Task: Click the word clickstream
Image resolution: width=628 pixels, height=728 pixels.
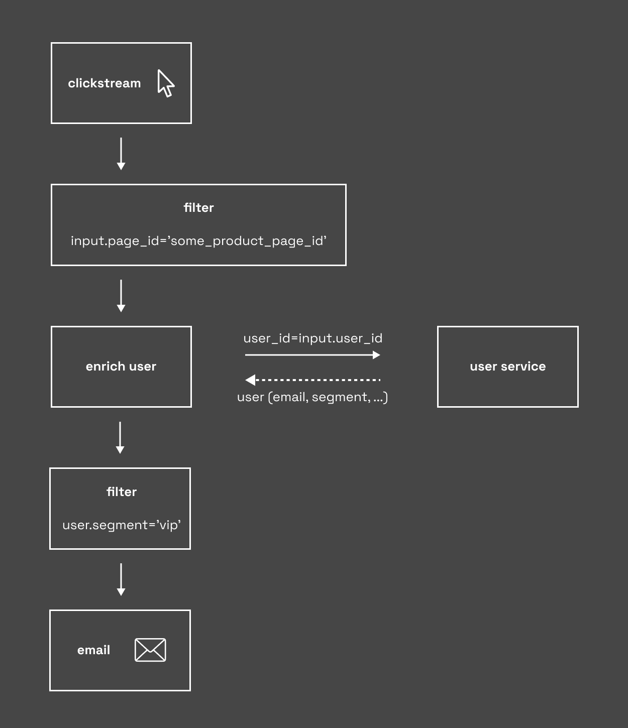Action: [104, 83]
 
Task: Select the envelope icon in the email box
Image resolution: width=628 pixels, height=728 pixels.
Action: [150, 650]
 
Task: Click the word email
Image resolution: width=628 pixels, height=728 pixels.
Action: [93, 650]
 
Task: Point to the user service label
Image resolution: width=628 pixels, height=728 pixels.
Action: [507, 367]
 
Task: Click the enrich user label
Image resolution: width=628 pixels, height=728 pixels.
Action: [121, 367]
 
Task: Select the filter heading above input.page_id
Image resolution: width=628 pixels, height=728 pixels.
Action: [198, 207]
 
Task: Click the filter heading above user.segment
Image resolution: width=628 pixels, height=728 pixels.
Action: [121, 492]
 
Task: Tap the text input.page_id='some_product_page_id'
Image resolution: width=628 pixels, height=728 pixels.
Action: [198, 241]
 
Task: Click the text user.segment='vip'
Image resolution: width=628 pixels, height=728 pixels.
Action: [121, 525]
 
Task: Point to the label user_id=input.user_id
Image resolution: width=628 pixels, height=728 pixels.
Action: [312, 338]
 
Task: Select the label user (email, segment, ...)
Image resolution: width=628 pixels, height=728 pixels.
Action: [312, 397]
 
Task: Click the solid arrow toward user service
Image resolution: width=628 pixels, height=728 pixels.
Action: [312, 354]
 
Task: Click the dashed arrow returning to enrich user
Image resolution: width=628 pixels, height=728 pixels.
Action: [312, 380]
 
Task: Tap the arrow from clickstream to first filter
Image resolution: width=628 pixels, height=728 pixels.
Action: [121, 154]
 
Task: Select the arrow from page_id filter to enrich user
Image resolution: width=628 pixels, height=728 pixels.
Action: [121, 296]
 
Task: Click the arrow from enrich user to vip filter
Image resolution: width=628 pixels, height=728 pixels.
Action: [120, 438]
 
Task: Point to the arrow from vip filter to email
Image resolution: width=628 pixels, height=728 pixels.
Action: [121, 579]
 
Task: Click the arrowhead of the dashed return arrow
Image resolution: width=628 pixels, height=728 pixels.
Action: [250, 380]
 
